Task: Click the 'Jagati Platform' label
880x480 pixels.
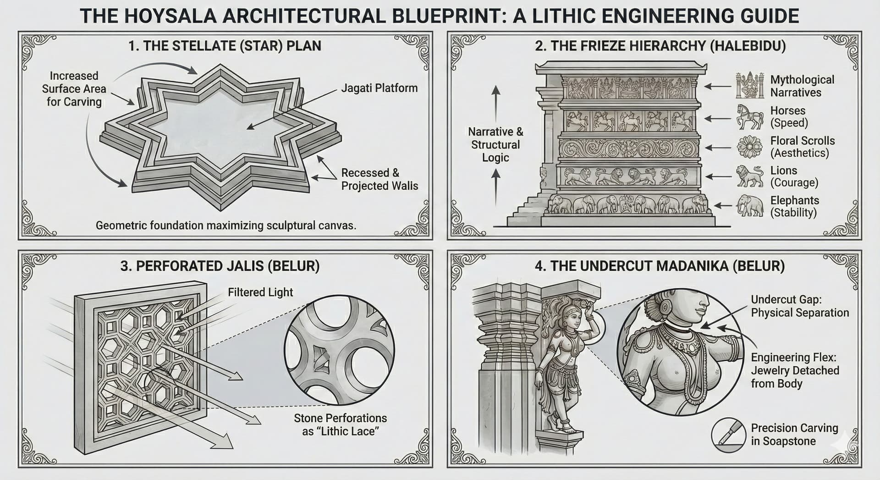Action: [379, 88]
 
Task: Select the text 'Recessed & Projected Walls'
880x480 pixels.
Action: [379, 179]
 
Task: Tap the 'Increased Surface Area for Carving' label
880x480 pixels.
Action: [73, 88]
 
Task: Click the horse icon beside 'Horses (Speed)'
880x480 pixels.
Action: [749, 116]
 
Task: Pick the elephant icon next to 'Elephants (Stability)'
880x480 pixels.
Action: [750, 206]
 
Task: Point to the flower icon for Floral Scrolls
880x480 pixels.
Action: [749, 147]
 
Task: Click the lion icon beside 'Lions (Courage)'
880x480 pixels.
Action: [749, 177]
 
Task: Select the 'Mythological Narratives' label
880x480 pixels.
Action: [802, 86]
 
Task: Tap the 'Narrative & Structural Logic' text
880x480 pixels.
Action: [495, 144]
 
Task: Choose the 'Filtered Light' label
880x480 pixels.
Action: [260, 292]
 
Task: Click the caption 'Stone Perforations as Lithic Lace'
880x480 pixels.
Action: [340, 425]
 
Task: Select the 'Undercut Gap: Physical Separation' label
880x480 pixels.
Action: [799, 306]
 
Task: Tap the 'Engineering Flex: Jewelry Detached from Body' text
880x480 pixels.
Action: [795, 370]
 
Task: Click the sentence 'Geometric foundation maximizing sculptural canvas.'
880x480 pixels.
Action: [226, 226]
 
